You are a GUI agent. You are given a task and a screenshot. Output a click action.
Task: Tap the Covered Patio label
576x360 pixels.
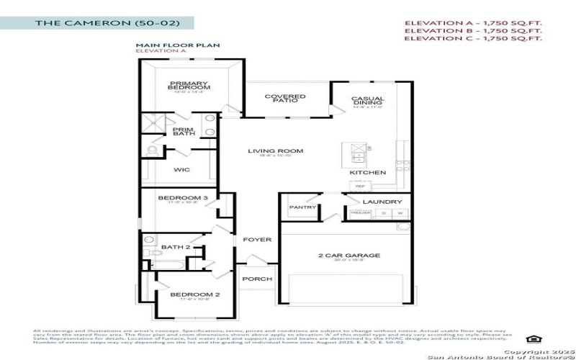(x=285, y=97)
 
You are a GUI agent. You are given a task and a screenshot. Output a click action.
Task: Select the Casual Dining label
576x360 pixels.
(x=368, y=100)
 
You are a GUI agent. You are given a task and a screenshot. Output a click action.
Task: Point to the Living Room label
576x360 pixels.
(x=276, y=151)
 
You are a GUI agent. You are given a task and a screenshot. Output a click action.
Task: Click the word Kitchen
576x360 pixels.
(x=368, y=173)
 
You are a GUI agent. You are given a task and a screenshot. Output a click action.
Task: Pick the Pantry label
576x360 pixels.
(x=302, y=207)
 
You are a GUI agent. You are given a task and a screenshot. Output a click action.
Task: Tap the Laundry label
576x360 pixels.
(x=377, y=202)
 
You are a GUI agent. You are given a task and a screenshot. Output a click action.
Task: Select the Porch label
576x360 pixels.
(x=257, y=279)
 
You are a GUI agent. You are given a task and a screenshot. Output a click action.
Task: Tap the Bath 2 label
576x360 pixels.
(x=175, y=248)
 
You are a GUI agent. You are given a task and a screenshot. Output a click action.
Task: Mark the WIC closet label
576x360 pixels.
(x=182, y=171)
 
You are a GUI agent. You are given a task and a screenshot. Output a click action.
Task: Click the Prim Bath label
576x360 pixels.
(x=183, y=132)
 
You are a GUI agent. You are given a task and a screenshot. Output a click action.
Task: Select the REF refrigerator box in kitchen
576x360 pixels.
(x=360, y=186)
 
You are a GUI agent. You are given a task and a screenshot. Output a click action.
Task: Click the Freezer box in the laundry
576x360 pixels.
(x=361, y=213)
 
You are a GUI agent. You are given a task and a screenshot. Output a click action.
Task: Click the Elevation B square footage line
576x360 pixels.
(x=472, y=31)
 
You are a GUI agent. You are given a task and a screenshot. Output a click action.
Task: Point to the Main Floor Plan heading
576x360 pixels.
(x=168, y=45)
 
